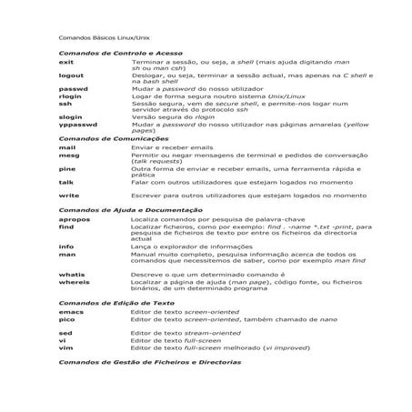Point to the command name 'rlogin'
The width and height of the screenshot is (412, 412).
tap(69, 97)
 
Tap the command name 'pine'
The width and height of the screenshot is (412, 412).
tap(66, 168)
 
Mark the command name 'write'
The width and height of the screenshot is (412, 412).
tap(68, 195)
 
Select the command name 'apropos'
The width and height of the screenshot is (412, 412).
tap(74, 219)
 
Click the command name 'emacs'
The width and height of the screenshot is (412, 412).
tap(70, 312)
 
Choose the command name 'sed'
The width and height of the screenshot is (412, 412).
tap(64, 334)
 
